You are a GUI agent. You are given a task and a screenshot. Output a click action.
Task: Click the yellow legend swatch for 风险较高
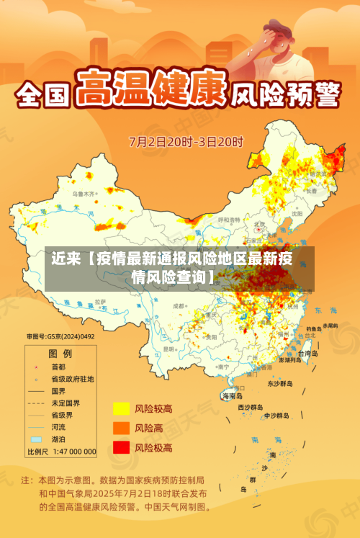(120, 408)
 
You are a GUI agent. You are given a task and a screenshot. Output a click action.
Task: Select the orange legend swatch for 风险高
(120, 428)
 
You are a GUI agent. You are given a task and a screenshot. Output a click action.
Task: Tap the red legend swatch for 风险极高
(120, 447)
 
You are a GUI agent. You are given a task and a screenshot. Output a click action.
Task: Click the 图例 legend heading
(60, 354)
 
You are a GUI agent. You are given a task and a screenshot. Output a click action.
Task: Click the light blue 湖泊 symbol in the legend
(35, 439)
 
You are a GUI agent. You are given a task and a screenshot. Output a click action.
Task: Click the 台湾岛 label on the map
(305, 354)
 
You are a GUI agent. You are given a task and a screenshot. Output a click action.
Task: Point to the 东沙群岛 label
(280, 384)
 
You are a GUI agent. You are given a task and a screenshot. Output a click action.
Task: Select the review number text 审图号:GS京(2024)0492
(61, 336)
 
